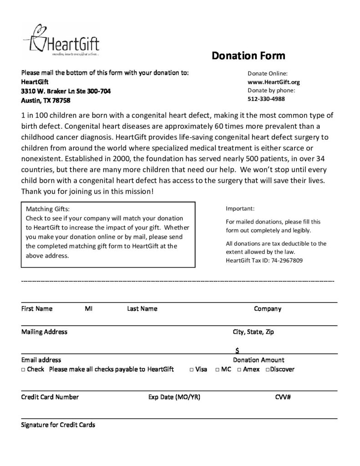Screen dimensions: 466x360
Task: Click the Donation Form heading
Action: pyautogui.click(x=248, y=56)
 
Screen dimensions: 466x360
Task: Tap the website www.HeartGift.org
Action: pyautogui.click(x=274, y=82)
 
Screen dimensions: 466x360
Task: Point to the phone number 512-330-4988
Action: pyautogui.click(x=266, y=99)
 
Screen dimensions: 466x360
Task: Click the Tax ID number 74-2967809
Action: pyautogui.click(x=283, y=261)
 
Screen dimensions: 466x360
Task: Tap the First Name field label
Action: pyautogui.click(x=37, y=309)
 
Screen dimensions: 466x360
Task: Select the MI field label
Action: pyautogui.click(x=89, y=309)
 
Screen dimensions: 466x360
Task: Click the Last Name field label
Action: pyautogui.click(x=142, y=309)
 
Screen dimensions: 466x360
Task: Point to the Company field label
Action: pyautogui.click(x=268, y=309)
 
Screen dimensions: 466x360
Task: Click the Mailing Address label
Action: pyautogui.click(x=44, y=332)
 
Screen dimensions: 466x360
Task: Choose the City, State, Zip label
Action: pyautogui.click(x=254, y=332)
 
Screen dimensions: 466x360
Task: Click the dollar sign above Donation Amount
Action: pyautogui.click(x=238, y=350)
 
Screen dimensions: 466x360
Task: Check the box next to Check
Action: pyautogui.click(x=23, y=370)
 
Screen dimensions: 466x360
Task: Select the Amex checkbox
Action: pyautogui.click(x=239, y=370)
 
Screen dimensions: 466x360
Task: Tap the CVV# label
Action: pyautogui.click(x=283, y=397)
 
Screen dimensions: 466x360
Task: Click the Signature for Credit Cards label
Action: pyautogui.click(x=58, y=425)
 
